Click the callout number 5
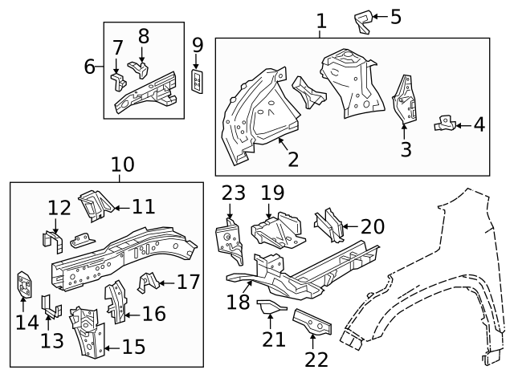pos(395,16)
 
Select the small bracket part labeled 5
pos(364,21)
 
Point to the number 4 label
pos(479,125)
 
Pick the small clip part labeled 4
pos(443,124)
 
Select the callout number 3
pos(406,149)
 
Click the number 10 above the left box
pos(122,165)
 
